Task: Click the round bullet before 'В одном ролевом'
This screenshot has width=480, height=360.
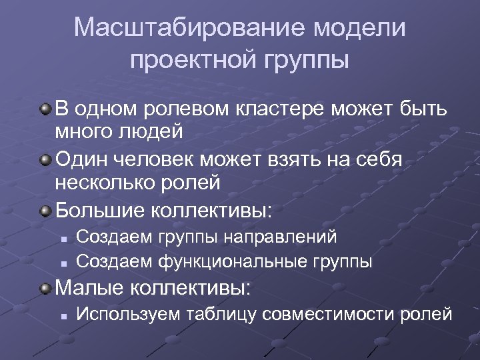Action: tap(44, 109)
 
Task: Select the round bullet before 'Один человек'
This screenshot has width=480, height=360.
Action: tap(44, 160)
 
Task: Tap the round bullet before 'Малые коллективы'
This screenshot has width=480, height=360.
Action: tap(44, 289)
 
